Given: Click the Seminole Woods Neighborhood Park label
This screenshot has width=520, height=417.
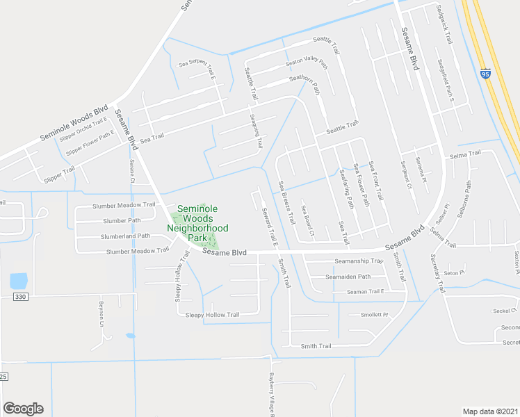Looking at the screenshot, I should (202, 223).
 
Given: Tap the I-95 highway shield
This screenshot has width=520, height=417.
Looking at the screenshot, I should (485, 73).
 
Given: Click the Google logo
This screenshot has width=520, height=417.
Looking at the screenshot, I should (23, 409).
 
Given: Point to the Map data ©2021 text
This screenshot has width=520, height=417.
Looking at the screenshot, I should (490, 411).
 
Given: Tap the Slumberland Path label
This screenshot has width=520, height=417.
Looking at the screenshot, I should (125, 236).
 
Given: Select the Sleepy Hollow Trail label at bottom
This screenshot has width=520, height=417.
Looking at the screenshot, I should (212, 315).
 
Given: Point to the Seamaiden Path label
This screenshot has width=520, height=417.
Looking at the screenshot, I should (348, 277).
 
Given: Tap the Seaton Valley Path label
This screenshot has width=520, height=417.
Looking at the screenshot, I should (307, 63).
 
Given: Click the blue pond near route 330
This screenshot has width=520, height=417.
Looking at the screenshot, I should (19, 281).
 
